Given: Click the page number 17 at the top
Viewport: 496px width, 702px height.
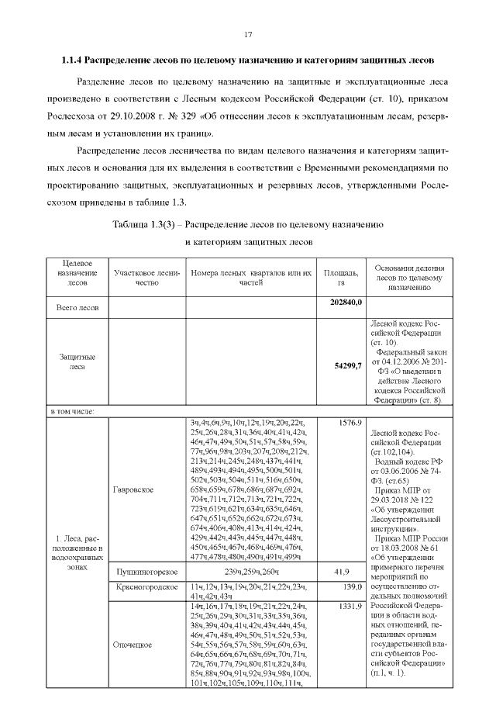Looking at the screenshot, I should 249,34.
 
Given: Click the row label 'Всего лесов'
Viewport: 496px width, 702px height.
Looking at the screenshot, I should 77,307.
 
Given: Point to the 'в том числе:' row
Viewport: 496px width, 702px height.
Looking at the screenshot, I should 73,411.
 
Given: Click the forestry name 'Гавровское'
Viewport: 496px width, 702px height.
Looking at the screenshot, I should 133,490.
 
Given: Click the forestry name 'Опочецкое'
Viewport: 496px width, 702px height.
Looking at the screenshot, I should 133,666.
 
